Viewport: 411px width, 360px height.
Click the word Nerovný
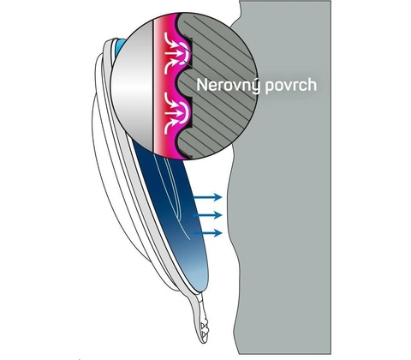(229, 86)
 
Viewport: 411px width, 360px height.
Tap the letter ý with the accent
(255, 86)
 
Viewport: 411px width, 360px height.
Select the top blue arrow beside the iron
(207, 196)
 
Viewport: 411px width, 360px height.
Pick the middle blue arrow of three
(207, 215)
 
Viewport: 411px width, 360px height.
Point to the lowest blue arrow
(207, 233)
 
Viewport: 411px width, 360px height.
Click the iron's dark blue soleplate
(177, 217)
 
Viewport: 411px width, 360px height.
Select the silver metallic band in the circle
(132, 86)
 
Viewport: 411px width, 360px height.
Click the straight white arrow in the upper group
(174, 53)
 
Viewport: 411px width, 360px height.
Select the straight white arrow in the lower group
(174, 113)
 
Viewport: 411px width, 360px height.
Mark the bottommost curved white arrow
(174, 127)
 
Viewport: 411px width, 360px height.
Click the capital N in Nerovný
(202, 85)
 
